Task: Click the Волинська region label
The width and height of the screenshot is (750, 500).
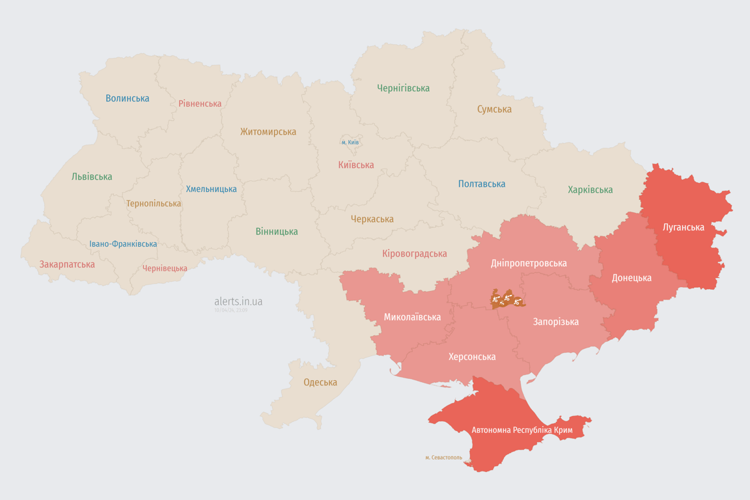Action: pyautogui.click(x=128, y=98)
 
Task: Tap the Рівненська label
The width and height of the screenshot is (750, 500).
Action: pyautogui.click(x=200, y=104)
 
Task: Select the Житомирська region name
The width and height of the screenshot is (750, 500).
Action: pyautogui.click(x=268, y=132)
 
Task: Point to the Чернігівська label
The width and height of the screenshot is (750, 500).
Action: pyautogui.click(x=403, y=88)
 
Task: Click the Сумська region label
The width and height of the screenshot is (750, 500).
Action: pyautogui.click(x=494, y=109)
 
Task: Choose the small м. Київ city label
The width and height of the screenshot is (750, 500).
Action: pyautogui.click(x=350, y=142)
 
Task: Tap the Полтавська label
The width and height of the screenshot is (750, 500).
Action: pyautogui.click(x=482, y=184)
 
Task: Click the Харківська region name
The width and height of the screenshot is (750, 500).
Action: pyautogui.click(x=590, y=189)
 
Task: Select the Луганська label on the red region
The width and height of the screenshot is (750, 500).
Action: pyautogui.click(x=683, y=227)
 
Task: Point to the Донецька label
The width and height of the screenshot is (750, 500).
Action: pyautogui.click(x=631, y=278)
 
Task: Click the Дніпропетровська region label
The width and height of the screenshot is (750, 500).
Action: pyautogui.click(x=529, y=263)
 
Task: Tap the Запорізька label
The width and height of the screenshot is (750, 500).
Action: pyautogui.click(x=555, y=322)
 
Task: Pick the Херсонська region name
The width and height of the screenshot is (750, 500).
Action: pyautogui.click(x=471, y=357)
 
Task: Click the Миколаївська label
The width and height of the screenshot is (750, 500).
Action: pyautogui.click(x=412, y=317)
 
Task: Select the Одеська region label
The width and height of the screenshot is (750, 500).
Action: pyautogui.click(x=320, y=382)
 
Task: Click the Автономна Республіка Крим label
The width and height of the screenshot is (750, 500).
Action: pyautogui.click(x=521, y=430)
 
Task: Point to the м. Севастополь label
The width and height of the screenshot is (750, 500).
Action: pyautogui.click(x=443, y=458)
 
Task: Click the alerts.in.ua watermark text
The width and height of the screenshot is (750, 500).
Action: pyautogui.click(x=238, y=301)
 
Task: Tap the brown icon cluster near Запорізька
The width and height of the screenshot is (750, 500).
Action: pyautogui.click(x=507, y=299)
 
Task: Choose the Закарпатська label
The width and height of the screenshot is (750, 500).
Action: pyautogui.click(x=67, y=264)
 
